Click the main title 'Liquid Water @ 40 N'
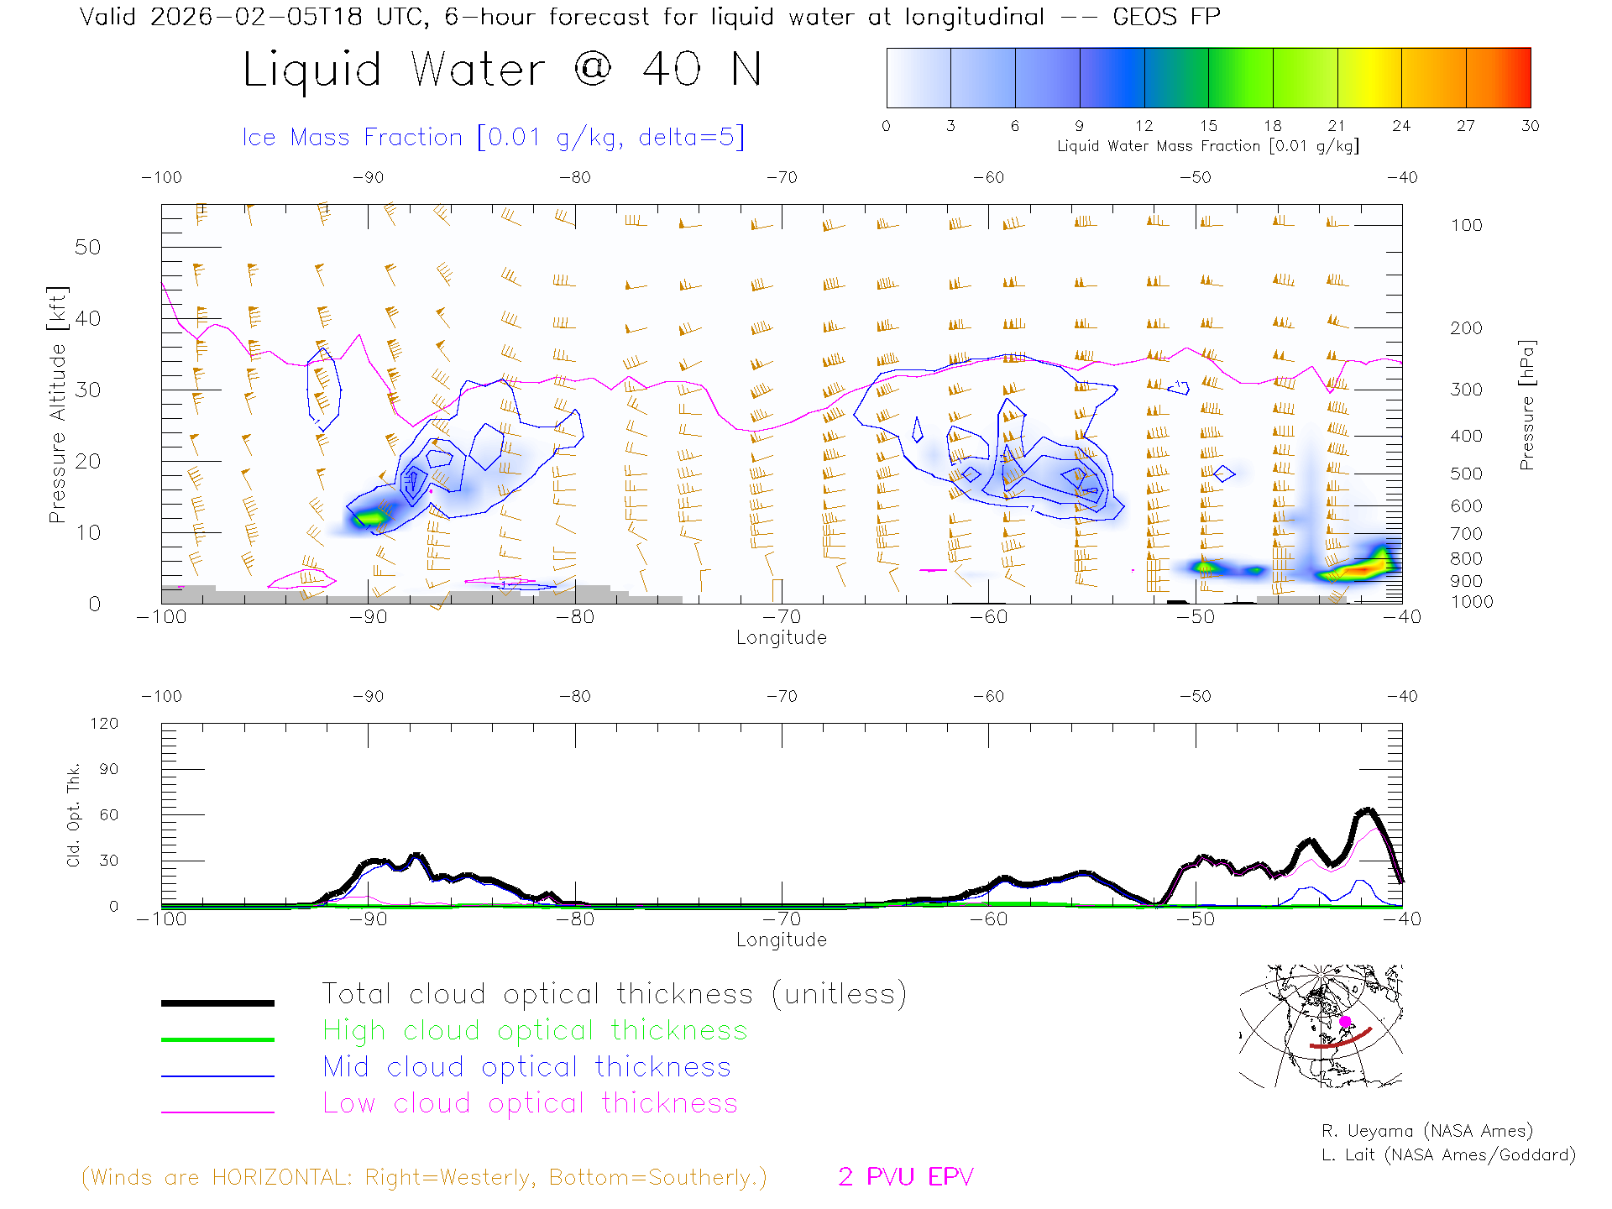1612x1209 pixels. click(x=502, y=70)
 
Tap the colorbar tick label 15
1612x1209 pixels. click(x=1208, y=126)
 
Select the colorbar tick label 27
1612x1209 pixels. click(x=1466, y=126)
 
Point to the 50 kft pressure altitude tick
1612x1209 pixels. click(x=87, y=247)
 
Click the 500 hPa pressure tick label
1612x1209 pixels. click(x=1466, y=474)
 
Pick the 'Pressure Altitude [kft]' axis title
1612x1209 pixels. click(x=57, y=405)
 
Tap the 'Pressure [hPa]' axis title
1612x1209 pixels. click(x=1526, y=405)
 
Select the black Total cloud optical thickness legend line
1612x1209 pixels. click(x=217, y=1002)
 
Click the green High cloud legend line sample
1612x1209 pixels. click(x=217, y=1039)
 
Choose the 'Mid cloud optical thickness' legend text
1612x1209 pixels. click(x=527, y=1067)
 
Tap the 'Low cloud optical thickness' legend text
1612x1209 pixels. click(x=531, y=1103)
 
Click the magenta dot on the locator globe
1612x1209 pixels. click(x=1345, y=1022)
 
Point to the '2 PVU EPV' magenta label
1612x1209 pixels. click(x=905, y=1177)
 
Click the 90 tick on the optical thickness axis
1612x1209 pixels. click(x=109, y=769)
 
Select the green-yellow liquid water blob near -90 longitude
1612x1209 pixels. click(x=369, y=518)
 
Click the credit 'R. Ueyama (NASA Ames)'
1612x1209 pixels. click(x=1426, y=1131)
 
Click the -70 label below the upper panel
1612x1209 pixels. click(x=782, y=617)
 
